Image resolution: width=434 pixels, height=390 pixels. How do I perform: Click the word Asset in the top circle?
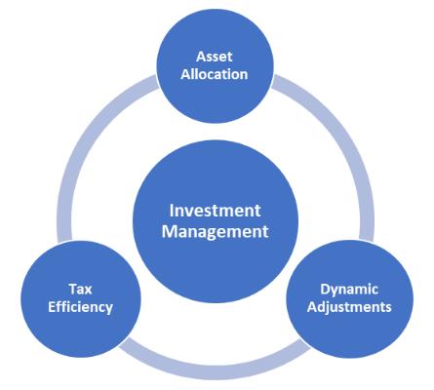point(215,57)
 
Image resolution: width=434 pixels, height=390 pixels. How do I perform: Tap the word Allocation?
point(215,74)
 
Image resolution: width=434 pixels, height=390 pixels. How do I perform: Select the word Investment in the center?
point(215,211)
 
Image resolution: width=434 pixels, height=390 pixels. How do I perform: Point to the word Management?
point(216,232)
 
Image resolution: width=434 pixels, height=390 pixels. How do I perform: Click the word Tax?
point(80,289)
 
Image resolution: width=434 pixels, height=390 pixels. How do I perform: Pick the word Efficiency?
point(80,307)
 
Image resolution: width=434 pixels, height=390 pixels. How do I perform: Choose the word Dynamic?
point(349,290)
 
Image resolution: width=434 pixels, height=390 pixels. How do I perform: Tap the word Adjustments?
point(349,307)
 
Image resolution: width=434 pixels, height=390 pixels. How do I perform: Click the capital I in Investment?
point(171,211)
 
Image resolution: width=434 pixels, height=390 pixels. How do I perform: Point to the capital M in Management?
point(170,231)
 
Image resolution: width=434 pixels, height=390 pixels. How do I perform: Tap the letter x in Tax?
point(88,291)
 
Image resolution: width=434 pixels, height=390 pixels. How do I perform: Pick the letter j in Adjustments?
point(328,308)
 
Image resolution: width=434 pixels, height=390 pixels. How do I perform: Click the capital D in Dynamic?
point(326,289)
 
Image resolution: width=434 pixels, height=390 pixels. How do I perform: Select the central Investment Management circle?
point(216,221)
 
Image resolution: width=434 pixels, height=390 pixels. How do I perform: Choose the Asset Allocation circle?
point(215,66)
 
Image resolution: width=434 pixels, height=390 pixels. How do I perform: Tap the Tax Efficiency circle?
point(81,298)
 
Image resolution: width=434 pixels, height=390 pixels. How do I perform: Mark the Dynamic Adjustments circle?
point(350,298)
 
